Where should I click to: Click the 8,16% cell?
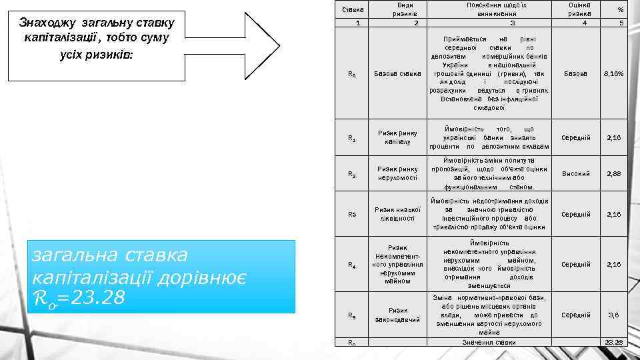tap(613, 73)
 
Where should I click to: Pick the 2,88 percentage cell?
tap(613, 173)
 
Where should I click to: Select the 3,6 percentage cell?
tap(613, 315)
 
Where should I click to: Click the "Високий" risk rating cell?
tap(576, 173)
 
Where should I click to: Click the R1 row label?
tap(351, 139)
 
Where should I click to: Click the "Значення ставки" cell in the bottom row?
tap(489, 342)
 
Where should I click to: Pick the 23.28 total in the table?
tap(613, 342)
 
